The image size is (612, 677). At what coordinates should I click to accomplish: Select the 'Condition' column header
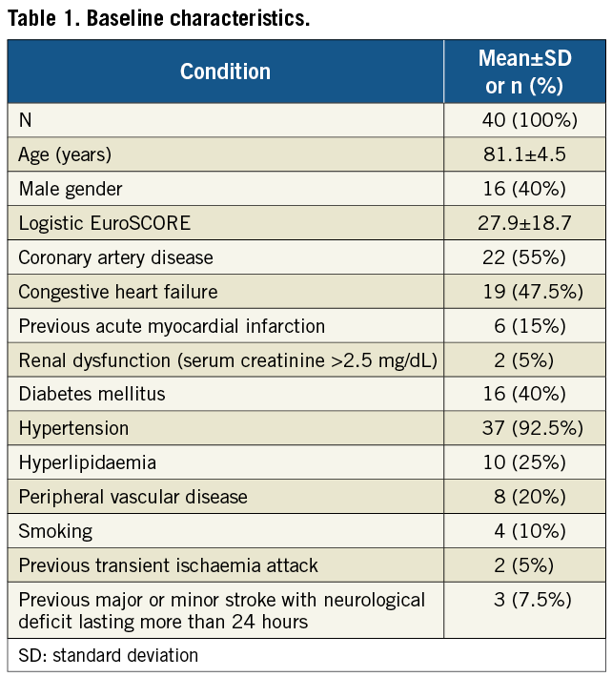(x=225, y=72)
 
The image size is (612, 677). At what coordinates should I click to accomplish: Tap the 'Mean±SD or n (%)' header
(x=524, y=72)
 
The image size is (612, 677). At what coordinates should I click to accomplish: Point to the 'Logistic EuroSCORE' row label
(x=105, y=223)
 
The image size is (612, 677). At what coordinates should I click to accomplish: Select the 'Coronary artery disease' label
(x=115, y=257)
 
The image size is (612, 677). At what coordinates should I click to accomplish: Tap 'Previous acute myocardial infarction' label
(x=172, y=326)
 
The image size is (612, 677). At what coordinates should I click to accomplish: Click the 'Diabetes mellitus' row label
(x=92, y=394)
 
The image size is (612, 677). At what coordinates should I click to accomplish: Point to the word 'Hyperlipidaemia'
(x=87, y=462)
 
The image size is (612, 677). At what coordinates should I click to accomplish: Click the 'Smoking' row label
(x=55, y=531)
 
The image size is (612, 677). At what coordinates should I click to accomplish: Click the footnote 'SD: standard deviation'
(x=109, y=655)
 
